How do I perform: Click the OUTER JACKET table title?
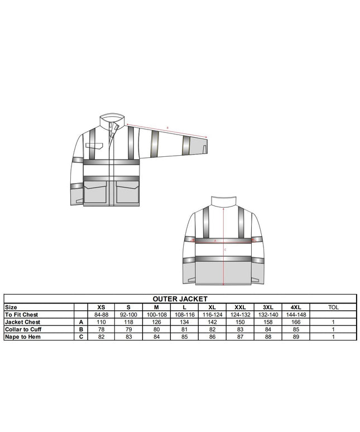tap(180, 299)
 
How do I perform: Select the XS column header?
tap(101, 308)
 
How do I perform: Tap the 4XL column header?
tap(296, 308)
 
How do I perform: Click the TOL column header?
tap(333, 308)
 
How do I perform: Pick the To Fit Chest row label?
tap(21, 315)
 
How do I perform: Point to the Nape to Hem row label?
tap(22, 337)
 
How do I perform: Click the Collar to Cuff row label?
tap(23, 329)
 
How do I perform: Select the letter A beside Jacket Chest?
tap(81, 322)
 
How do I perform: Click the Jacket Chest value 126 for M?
tap(156, 322)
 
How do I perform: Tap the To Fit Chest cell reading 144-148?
tap(296, 315)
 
